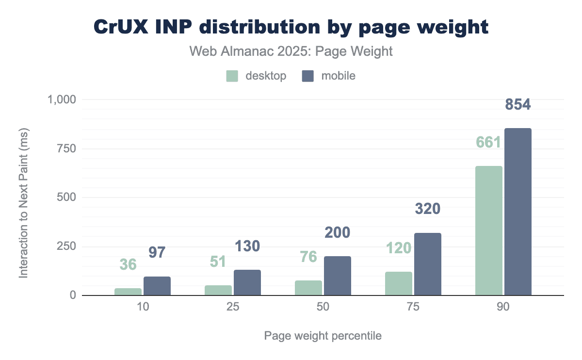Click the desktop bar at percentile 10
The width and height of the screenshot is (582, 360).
click(128, 292)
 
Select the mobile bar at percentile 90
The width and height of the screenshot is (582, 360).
click(518, 212)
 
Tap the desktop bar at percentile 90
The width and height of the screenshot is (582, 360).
click(489, 230)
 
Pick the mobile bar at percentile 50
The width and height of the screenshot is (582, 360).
click(337, 276)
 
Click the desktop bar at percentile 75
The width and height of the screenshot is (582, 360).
click(399, 283)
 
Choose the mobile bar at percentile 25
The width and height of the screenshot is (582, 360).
click(247, 282)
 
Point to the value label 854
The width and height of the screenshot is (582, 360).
click(518, 105)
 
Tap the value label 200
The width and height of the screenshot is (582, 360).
click(337, 232)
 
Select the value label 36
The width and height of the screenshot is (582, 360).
click(128, 264)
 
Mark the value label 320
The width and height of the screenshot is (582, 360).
click(427, 209)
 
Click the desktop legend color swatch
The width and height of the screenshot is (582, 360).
click(232, 76)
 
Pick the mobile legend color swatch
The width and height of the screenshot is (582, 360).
click(307, 76)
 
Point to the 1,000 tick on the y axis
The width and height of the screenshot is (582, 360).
click(62, 99)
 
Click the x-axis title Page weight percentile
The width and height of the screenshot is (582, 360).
click(323, 336)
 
